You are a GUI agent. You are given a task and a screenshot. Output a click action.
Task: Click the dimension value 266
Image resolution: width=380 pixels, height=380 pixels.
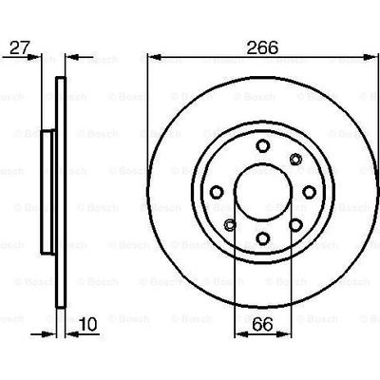pyautogui.click(x=262, y=47)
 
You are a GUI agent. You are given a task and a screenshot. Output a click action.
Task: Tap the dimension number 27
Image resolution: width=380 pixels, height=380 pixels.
pyautogui.click(x=20, y=47)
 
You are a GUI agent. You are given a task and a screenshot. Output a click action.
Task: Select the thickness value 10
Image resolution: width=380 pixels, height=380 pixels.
pyautogui.click(x=87, y=324)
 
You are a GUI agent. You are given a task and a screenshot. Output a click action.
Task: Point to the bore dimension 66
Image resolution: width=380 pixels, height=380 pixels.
pyautogui.click(x=263, y=324)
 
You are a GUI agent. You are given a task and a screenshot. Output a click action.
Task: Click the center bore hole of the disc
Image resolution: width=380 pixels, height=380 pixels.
pyautogui.click(x=263, y=192)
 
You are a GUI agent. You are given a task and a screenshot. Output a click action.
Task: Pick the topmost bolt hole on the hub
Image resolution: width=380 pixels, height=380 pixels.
pyautogui.click(x=263, y=145)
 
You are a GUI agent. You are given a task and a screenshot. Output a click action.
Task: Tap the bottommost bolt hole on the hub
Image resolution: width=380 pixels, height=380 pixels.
pyautogui.click(x=263, y=238)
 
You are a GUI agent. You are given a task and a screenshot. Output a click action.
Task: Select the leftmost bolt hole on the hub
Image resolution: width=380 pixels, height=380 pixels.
pyautogui.click(x=217, y=192)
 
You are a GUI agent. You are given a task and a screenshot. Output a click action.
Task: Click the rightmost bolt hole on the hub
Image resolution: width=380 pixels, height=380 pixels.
pyautogui.click(x=309, y=192)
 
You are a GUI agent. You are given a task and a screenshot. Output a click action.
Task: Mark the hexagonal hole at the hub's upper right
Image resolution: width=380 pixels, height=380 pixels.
pyautogui.click(x=295, y=159)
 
